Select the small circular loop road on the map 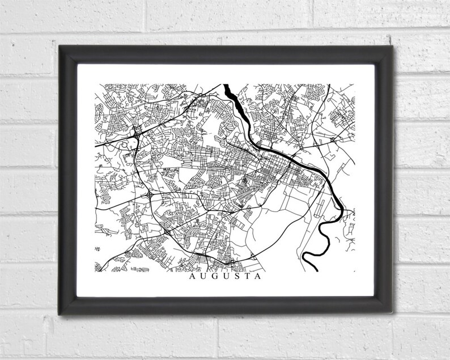tap(124, 146)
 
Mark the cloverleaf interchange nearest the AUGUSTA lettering tap(167, 231)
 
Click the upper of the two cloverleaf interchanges tap(149, 195)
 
